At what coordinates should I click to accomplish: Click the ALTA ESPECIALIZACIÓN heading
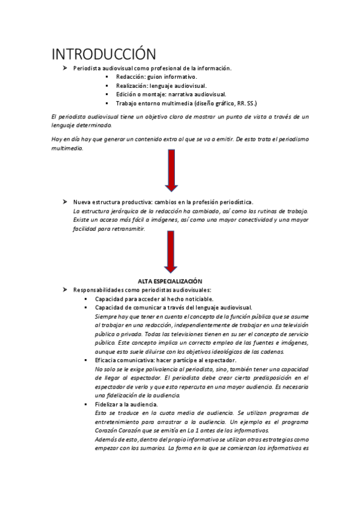click(x=170, y=281)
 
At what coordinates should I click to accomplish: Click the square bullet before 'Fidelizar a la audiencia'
click(x=87, y=405)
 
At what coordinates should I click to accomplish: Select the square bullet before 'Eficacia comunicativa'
click(x=87, y=360)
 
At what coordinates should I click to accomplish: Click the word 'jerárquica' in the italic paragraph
click(x=125, y=211)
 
